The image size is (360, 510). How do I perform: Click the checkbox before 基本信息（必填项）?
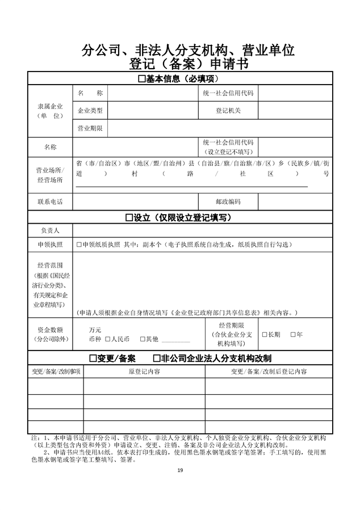point(142,79)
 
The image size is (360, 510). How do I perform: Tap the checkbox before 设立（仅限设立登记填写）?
point(129,218)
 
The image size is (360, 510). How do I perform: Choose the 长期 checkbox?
point(264,335)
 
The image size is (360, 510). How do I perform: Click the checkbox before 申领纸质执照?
point(79,244)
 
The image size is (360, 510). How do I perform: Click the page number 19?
point(180,471)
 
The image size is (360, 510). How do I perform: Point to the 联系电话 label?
point(50,202)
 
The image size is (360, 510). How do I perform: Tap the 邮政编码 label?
point(228,202)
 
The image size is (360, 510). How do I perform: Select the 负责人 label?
point(50,231)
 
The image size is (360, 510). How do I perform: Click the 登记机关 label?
point(228,110)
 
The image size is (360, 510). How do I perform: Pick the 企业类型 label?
point(90,110)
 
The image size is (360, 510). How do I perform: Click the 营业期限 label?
point(90,128)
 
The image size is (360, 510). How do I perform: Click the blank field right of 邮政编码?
point(295,202)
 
